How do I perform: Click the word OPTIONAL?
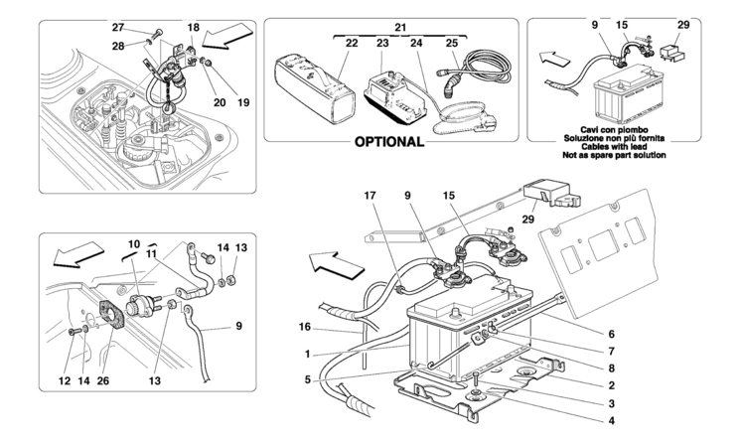tap(389, 141)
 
